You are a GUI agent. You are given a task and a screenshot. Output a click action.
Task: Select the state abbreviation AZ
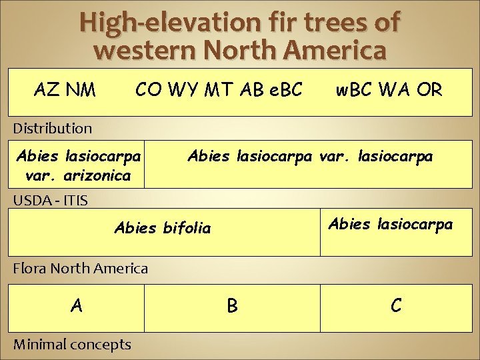coord(47,89)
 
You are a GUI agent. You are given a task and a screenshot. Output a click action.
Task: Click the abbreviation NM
coord(81,89)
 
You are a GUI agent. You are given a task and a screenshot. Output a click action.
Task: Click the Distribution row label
coord(53,127)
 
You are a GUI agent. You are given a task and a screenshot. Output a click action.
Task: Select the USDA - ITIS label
coord(50,199)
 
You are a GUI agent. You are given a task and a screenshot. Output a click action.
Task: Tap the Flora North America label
coord(81,269)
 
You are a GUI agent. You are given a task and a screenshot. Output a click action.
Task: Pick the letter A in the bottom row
coord(77,305)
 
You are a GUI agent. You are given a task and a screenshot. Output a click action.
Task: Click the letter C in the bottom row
coord(396,305)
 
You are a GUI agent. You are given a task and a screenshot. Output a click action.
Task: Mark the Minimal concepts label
coord(72,344)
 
